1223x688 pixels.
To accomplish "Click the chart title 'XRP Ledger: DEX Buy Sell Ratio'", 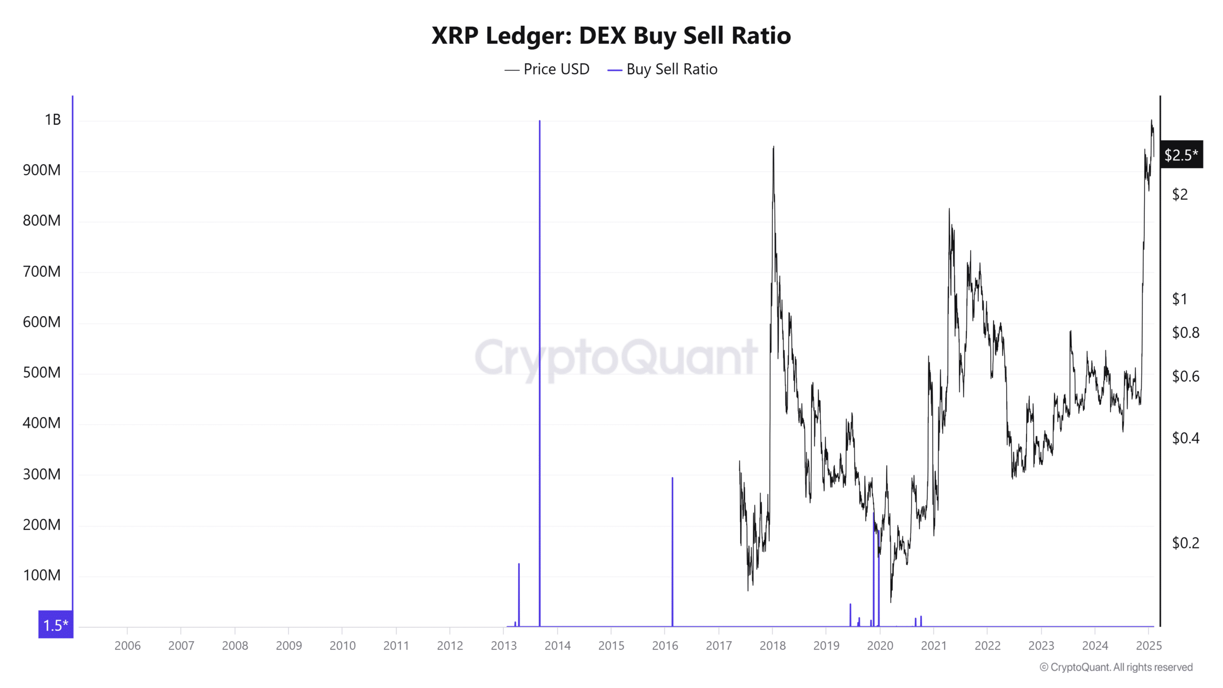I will pyautogui.click(x=611, y=36).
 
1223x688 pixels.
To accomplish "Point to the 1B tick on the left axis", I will pyautogui.click(x=53, y=119).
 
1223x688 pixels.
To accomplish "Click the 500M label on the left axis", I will pyautogui.click(x=42, y=372).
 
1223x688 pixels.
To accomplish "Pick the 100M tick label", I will pyautogui.click(x=42, y=575).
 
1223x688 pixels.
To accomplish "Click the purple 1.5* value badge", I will pyautogui.click(x=56, y=624).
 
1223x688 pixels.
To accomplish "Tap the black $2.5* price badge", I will pyautogui.click(x=1181, y=155).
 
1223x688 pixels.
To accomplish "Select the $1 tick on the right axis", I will pyautogui.click(x=1179, y=299).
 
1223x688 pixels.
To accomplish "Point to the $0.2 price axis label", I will pyautogui.click(x=1185, y=543).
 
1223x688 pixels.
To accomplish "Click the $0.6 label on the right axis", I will pyautogui.click(x=1185, y=376).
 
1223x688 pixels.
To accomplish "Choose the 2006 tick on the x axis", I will pyautogui.click(x=128, y=645).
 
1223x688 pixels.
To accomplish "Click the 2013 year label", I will pyautogui.click(x=504, y=645).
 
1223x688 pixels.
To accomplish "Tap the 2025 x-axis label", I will pyautogui.click(x=1148, y=645).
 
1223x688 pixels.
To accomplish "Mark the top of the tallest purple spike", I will pyautogui.click(x=540, y=121).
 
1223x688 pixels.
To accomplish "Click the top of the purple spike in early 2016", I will pyautogui.click(x=672, y=478).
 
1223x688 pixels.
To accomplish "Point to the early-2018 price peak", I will pyautogui.click(x=773, y=147).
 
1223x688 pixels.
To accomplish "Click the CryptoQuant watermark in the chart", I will pyautogui.click(x=616, y=357).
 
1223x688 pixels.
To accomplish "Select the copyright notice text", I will pyautogui.click(x=1116, y=667).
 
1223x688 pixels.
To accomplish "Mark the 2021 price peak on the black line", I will pyautogui.click(x=949, y=209).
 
